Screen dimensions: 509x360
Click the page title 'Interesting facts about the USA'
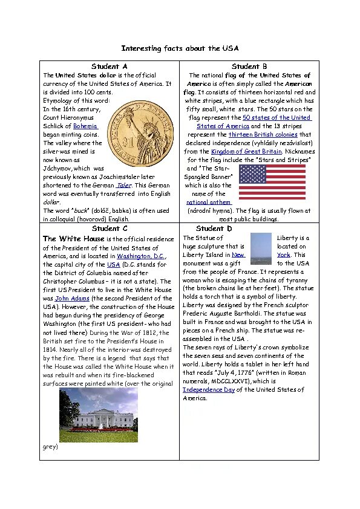tap(180, 48)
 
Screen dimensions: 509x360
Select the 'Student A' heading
tap(110, 66)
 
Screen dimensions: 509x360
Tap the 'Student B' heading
tap(249, 66)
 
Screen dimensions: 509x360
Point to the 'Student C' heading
tap(110, 229)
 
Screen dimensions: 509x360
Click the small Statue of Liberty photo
tap(261, 250)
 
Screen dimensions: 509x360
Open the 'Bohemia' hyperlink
tap(85, 126)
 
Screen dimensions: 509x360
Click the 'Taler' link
tap(124, 185)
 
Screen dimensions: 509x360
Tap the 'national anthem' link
tap(209, 202)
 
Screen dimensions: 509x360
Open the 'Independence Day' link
tap(209, 390)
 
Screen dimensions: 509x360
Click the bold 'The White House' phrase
tap(74, 239)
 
